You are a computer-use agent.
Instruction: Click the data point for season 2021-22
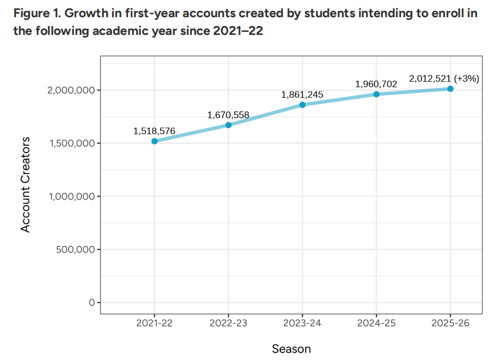click(155, 141)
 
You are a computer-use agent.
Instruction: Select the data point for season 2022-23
click(228, 125)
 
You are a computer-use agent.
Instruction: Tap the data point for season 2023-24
click(302, 105)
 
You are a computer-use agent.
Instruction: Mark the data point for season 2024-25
click(376, 94)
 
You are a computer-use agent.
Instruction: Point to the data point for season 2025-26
click(450, 89)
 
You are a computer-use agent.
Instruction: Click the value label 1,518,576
click(154, 131)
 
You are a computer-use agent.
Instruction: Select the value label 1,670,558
click(228, 115)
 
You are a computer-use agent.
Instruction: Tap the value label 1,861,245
click(302, 94)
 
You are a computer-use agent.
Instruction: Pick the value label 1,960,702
click(376, 84)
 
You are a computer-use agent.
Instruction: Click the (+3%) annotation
click(466, 78)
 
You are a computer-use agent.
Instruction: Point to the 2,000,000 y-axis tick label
click(71, 90)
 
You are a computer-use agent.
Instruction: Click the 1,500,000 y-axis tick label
click(71, 143)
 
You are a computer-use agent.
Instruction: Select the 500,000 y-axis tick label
click(75, 249)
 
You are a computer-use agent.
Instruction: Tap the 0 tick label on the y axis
click(92, 302)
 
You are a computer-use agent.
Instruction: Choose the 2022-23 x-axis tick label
click(228, 324)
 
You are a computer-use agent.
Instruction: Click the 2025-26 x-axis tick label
click(450, 324)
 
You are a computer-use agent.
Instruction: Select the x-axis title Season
click(291, 349)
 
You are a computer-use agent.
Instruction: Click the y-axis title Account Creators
click(26, 184)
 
